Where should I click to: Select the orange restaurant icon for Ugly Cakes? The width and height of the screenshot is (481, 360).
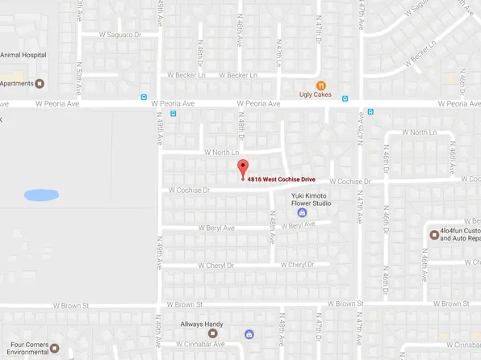pyautogui.click(x=321, y=85)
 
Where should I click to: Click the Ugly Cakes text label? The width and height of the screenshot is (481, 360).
pyautogui.click(x=316, y=95)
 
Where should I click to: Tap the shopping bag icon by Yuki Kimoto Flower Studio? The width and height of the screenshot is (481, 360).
pyautogui.click(x=303, y=213)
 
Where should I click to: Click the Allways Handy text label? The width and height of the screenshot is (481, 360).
pyautogui.click(x=202, y=324)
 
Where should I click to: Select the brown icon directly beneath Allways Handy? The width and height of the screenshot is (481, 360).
pyautogui.click(x=214, y=333)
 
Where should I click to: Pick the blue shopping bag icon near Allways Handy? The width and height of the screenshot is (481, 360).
pyautogui.click(x=249, y=334)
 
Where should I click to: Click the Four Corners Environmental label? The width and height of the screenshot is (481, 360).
pyautogui.click(x=23, y=349)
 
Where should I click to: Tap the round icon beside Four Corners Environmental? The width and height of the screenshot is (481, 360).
pyautogui.click(x=56, y=349)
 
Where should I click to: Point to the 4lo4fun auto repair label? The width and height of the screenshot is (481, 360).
pyautogui.click(x=461, y=235)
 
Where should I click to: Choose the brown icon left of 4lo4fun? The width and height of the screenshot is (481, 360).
pyautogui.click(x=434, y=235)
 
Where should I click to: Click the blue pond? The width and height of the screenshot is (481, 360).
pyautogui.click(x=41, y=195)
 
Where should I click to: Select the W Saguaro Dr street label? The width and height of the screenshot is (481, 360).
pyautogui.click(x=119, y=35)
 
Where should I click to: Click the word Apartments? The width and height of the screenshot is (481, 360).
pyautogui.click(x=17, y=83)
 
